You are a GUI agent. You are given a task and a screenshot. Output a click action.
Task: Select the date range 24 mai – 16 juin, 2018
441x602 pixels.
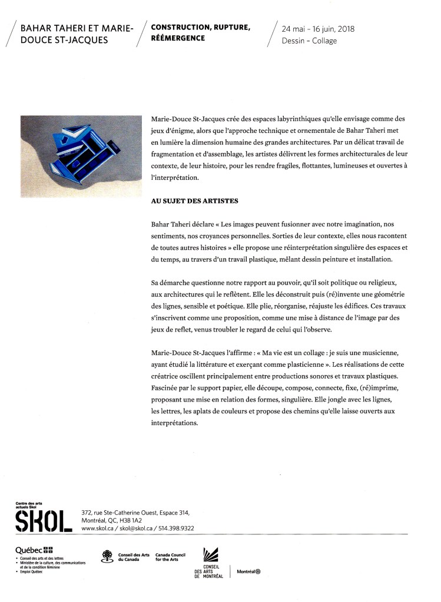pyautogui.click(x=318, y=28)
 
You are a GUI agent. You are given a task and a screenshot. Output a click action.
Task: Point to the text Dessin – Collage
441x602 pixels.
pyautogui.click(x=309, y=41)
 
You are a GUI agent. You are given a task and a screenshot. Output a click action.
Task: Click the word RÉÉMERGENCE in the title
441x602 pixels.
pyautogui.click(x=178, y=38)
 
